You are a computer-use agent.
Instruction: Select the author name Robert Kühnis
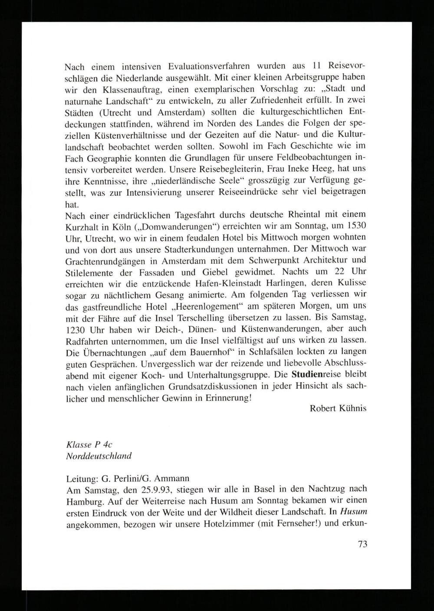pyautogui.click(x=338, y=408)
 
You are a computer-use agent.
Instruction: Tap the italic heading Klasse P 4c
pyautogui.click(x=90, y=445)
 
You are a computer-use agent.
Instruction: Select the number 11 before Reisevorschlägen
pyautogui.click(x=316, y=66)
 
